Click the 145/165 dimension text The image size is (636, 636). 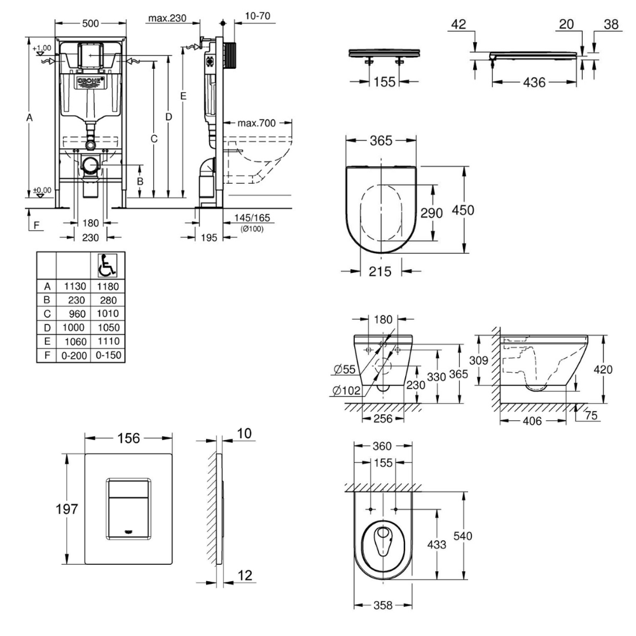(x=252, y=218)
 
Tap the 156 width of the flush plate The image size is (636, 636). (x=130, y=438)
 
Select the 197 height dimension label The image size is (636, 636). (x=67, y=509)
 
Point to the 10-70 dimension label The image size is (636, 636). (x=254, y=15)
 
